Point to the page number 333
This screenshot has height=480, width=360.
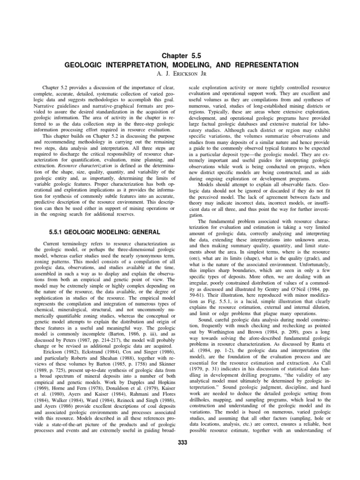pos(180,444)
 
